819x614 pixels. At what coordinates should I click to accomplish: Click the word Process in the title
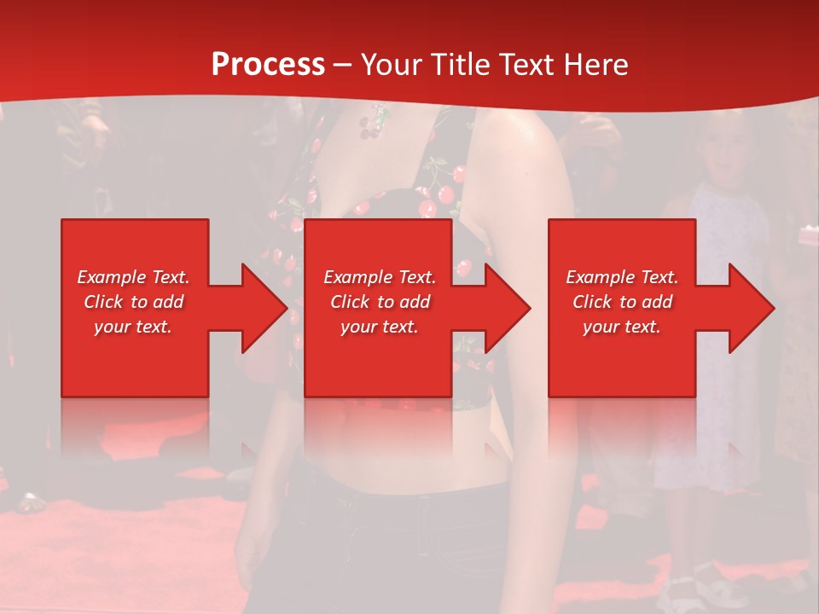click(x=268, y=65)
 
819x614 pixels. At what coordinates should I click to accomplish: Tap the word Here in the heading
click(x=596, y=65)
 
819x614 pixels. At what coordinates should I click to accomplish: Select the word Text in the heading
click(x=526, y=65)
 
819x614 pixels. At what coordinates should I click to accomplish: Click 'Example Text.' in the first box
click(x=133, y=277)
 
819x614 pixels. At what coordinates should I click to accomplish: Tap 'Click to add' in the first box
click(x=133, y=302)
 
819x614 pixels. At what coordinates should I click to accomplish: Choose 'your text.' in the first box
click(x=133, y=327)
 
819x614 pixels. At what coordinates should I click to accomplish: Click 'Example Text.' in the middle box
click(x=380, y=277)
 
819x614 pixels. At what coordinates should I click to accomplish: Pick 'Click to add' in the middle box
click(x=380, y=302)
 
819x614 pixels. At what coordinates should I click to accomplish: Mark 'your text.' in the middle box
click(x=380, y=327)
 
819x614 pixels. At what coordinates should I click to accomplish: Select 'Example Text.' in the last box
click(x=622, y=277)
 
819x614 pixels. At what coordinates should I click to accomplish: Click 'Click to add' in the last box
click(x=622, y=302)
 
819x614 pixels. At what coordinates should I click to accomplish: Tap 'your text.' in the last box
click(x=622, y=327)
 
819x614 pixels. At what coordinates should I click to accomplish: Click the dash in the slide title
click(x=343, y=66)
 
